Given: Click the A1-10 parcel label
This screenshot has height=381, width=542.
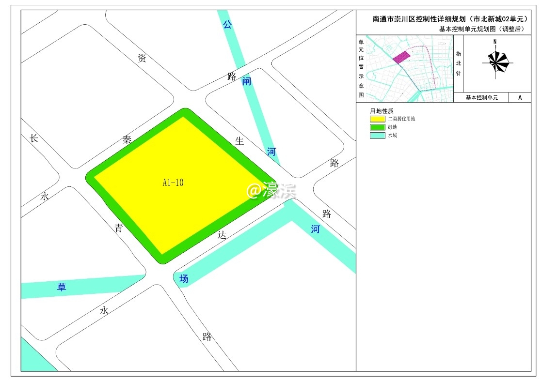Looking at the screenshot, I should [x=173, y=183].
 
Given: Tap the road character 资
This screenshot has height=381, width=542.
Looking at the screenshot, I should [x=142, y=59].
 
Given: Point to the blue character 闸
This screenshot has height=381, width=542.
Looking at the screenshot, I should [x=247, y=81].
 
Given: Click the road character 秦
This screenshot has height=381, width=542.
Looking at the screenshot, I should [x=128, y=140].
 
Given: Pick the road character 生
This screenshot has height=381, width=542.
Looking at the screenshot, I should [x=239, y=141].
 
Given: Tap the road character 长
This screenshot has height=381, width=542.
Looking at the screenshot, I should [x=33, y=138].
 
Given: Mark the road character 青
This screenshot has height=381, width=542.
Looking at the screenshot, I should [x=119, y=228].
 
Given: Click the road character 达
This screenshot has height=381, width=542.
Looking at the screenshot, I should [x=222, y=235].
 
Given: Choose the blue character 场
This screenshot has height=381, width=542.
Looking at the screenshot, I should [x=183, y=278].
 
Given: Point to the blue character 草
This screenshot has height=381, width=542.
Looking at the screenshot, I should [x=62, y=287].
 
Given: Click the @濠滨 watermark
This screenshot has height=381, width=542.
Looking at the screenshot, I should [x=271, y=191].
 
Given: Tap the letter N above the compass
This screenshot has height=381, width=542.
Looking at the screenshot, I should [x=494, y=42].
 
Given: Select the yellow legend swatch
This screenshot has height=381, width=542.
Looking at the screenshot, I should [x=378, y=119].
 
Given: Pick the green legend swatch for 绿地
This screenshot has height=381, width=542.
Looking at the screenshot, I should [x=378, y=127].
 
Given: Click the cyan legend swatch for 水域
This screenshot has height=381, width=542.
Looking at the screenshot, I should [x=378, y=136].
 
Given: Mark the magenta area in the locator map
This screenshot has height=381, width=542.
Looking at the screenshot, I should [x=401, y=58].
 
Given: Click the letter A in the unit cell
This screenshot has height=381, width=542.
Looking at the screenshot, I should [x=520, y=97].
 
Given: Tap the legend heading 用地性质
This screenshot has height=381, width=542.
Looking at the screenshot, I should [x=382, y=111].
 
